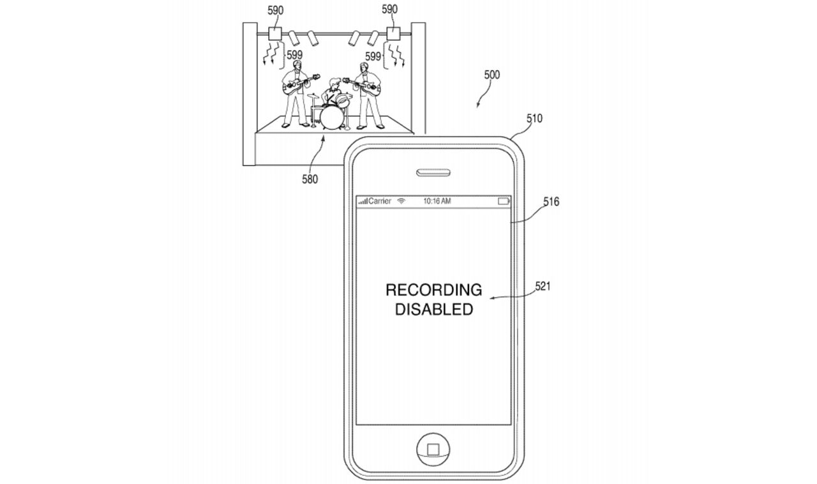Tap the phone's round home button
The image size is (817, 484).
(433, 449)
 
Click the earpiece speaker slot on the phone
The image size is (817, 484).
(433, 172)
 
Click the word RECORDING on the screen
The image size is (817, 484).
(433, 291)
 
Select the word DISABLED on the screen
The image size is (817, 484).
(433, 310)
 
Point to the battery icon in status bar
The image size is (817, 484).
(504, 202)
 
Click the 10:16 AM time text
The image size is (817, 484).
(437, 202)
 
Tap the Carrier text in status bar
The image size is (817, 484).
(380, 202)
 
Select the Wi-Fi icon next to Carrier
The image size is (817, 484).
(401, 202)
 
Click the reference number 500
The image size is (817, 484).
(491, 75)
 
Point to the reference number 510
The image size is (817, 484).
(534, 119)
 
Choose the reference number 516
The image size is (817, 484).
(550, 202)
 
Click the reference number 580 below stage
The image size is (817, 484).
(310, 179)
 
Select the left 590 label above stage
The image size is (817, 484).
(276, 10)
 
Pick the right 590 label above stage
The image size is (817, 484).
(389, 10)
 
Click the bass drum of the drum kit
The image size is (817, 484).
(332, 116)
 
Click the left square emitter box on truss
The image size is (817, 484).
(276, 34)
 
